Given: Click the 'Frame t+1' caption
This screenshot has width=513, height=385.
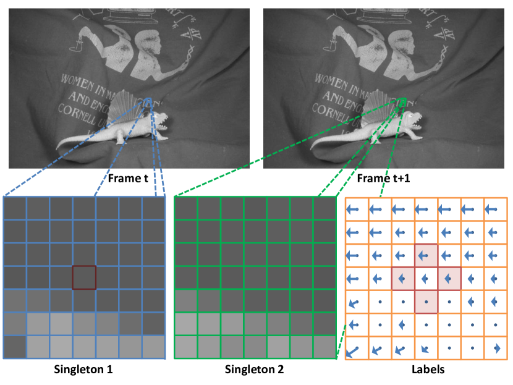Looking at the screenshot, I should click(383, 179).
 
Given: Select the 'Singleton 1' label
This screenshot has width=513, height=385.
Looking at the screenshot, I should click(85, 371).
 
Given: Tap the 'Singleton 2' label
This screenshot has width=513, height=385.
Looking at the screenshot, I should click(255, 371).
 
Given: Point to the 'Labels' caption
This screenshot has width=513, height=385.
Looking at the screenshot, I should click(426, 371).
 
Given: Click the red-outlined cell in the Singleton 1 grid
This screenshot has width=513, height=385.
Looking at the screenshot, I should click(84, 277).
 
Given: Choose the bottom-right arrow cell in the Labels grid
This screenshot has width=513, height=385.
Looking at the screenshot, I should click(496, 348).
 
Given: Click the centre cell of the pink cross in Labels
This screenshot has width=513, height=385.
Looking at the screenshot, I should click(426, 278).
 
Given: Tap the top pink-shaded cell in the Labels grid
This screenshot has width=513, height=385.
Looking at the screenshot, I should click(426, 255).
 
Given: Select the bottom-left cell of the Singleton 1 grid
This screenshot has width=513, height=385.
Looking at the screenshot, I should click(15, 347).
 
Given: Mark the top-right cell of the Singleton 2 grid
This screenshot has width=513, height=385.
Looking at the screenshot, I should click(324, 208).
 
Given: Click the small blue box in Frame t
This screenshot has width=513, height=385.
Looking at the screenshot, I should click(148, 102).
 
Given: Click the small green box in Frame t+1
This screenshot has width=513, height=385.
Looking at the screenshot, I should click(402, 101).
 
